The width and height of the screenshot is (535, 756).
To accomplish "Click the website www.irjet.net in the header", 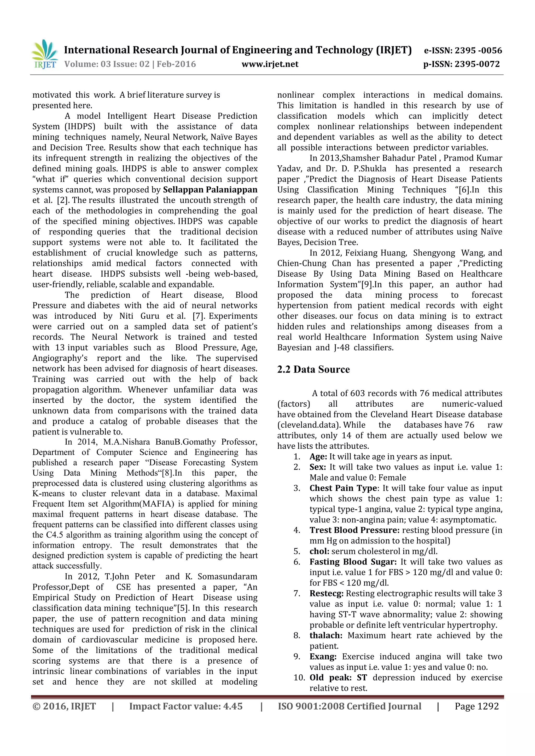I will pyautogui.click(x=270, y=64).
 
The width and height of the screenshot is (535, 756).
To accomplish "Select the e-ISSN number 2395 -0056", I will pyautogui.click(x=478, y=50).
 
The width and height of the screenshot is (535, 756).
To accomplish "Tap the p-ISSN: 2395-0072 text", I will pyautogui.click(x=462, y=64).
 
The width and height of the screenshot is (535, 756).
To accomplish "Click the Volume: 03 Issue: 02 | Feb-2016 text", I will pyautogui.click(x=130, y=64).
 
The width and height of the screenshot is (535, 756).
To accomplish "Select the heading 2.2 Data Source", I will pyautogui.click(x=313, y=370).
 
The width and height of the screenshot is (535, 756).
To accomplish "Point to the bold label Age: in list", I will pyautogui.click(x=318, y=457).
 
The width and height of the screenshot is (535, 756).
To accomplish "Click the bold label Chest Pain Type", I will pyautogui.click(x=343, y=488).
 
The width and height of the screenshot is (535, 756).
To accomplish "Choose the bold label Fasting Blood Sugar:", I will pyautogui.click(x=353, y=562).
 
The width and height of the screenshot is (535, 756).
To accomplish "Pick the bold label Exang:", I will pyautogui.click(x=323, y=657).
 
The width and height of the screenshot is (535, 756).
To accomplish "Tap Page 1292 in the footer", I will pyautogui.click(x=477, y=706).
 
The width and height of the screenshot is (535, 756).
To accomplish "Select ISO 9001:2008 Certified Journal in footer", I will pyautogui.click(x=350, y=706).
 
